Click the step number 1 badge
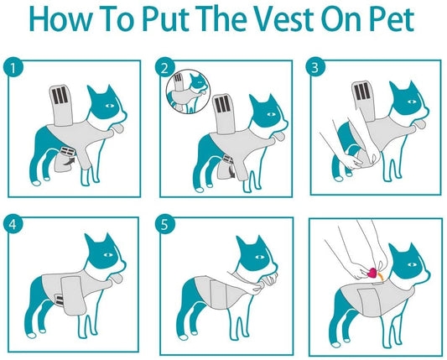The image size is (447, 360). (13, 68)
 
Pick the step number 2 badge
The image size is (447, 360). (164, 68)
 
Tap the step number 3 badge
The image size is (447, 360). (315, 68)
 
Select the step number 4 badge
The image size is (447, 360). (13, 224)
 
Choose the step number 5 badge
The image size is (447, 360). (164, 224)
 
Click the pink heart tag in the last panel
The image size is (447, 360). (372, 273)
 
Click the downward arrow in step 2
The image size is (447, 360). (232, 171)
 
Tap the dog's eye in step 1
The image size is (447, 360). (110, 106)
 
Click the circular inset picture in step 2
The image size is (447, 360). (188, 91)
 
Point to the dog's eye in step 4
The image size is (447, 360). (107, 254)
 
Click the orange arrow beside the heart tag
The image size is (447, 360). (380, 275)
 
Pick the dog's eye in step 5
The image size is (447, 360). (259, 257)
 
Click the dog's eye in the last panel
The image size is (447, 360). (412, 264)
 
